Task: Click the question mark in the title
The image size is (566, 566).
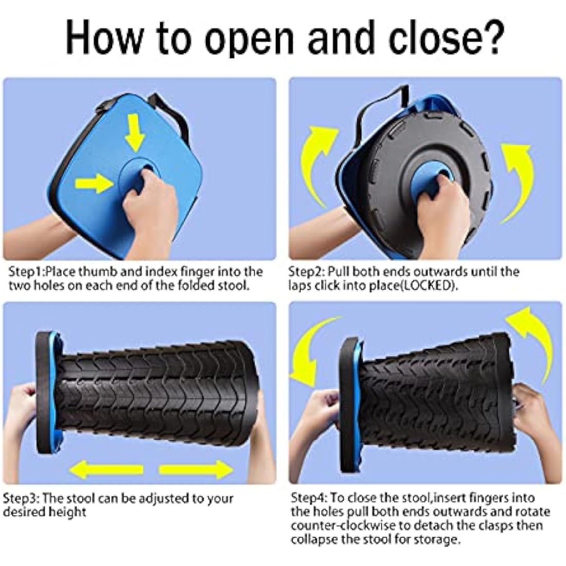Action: point(486,37)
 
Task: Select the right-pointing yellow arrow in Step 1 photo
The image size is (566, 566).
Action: point(94,182)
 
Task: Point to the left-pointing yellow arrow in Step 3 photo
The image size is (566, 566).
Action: point(106,469)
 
